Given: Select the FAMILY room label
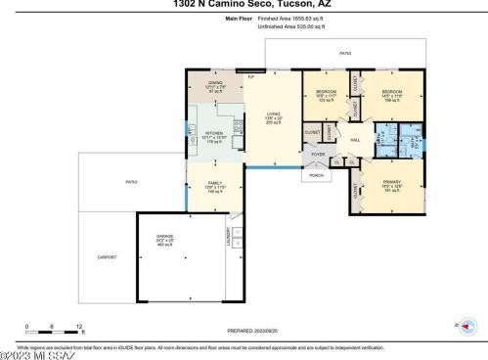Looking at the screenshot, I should pos(214,183).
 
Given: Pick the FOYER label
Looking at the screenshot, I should pos(318,154).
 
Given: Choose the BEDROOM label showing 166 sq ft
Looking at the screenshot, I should pos(392,93).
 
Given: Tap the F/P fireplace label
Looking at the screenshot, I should pos(250,76).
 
